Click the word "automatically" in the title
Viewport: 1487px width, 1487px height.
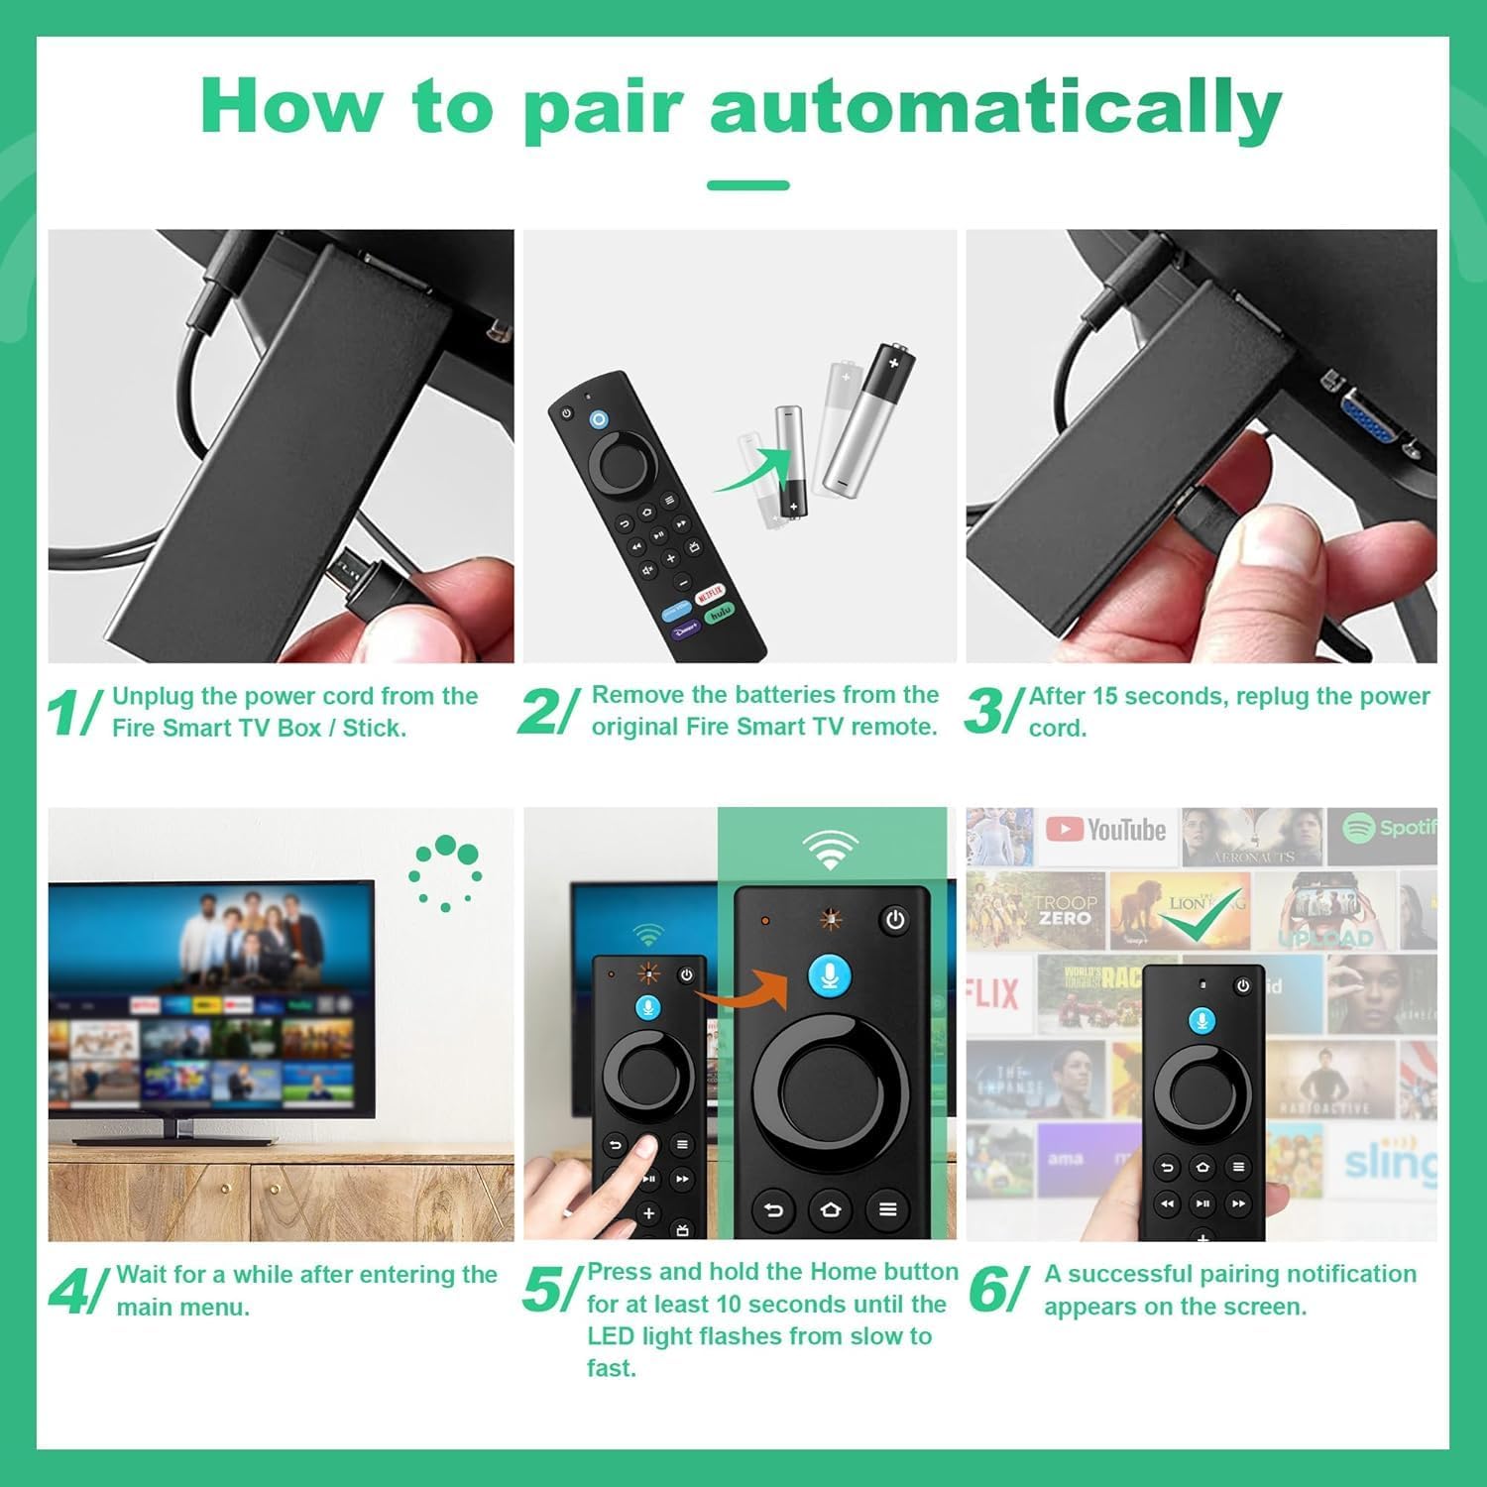(995, 107)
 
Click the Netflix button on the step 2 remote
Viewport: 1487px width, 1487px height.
(710, 595)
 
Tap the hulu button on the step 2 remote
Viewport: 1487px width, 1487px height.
(720, 614)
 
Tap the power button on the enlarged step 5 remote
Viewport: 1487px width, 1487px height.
(894, 920)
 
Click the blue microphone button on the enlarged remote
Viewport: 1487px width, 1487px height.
(830, 976)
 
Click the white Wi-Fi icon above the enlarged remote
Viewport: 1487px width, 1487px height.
(830, 851)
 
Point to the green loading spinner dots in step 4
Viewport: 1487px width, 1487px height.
(446, 872)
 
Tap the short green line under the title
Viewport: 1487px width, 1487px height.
(747, 185)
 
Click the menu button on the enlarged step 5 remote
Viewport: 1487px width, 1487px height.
(887, 1208)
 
